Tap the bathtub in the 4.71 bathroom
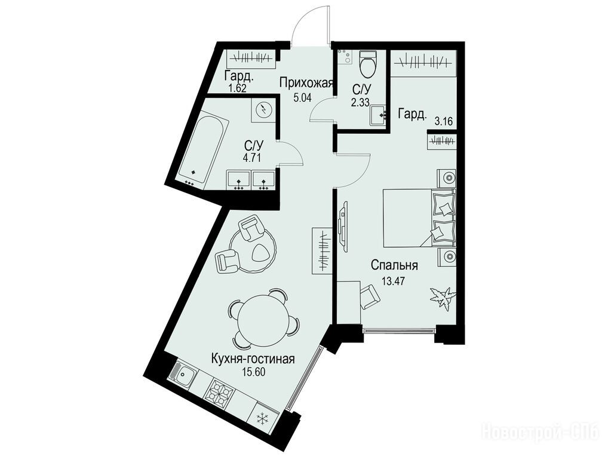click(x=203, y=149)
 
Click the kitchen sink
click(x=183, y=374)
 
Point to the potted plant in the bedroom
click(x=441, y=297)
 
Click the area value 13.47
click(x=393, y=281)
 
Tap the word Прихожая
click(x=306, y=83)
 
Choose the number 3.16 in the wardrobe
click(x=444, y=122)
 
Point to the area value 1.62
click(x=237, y=88)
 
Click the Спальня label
click(x=394, y=266)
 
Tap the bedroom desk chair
click(x=370, y=297)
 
